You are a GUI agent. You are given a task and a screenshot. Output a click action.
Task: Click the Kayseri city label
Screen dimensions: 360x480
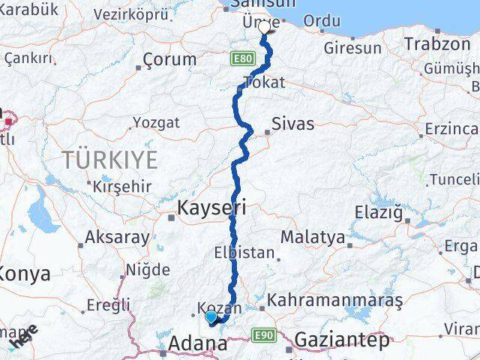click(211, 207)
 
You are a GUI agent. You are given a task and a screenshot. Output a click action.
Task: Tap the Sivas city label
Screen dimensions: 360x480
click(293, 124)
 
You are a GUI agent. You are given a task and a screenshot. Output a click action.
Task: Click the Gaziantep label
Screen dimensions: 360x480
click(342, 340)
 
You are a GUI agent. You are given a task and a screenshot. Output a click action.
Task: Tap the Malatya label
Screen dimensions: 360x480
click(313, 238)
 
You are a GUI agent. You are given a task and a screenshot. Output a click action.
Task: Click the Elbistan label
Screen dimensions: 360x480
click(244, 253)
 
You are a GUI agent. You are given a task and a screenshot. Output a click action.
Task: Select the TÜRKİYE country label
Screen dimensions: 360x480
click(110, 160)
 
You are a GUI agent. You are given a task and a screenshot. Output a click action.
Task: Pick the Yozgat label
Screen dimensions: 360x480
click(156, 122)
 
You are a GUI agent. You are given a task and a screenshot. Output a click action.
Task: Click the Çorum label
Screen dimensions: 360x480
click(169, 60)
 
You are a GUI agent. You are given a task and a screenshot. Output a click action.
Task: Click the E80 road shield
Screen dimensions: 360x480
click(242, 58)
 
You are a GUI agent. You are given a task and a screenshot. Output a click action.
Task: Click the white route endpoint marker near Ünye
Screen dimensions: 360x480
click(264, 27)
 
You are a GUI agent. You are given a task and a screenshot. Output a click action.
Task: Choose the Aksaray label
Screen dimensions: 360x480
click(117, 237)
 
